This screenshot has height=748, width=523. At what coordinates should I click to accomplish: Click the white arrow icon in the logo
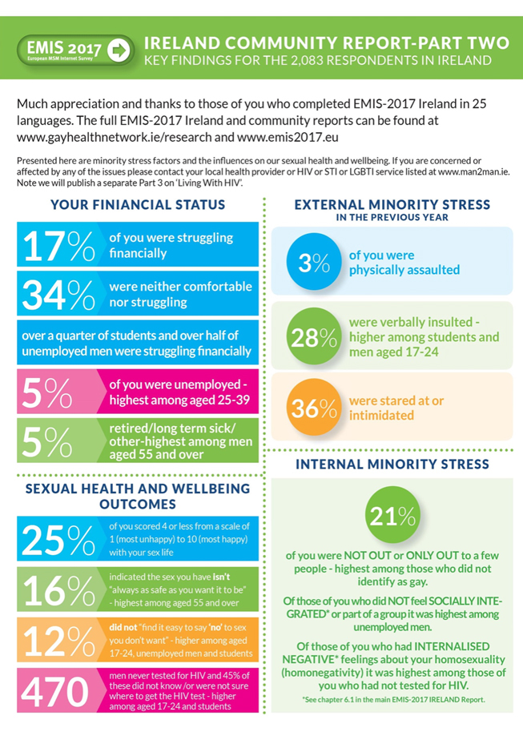119,49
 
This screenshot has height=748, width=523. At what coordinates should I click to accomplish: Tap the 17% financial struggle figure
59,246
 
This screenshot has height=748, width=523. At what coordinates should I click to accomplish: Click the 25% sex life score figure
59,540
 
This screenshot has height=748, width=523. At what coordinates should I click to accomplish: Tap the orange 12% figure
59,641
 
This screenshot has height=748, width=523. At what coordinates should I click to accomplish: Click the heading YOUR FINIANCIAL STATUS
137,206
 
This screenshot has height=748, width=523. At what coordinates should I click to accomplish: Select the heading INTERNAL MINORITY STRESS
392,464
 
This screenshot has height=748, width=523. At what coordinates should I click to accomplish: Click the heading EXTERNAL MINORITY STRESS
392,205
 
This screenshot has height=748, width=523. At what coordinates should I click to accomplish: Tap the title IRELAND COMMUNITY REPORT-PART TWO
326,42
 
